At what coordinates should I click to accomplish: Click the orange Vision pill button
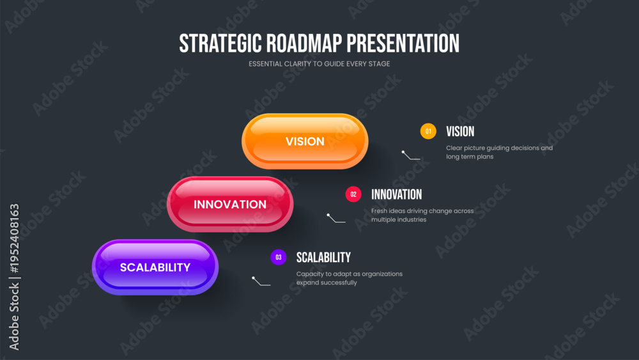click(x=305, y=141)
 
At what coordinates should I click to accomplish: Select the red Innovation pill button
click(x=230, y=204)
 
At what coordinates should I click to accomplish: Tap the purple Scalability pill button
click(x=155, y=267)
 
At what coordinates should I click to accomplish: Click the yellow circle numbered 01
click(x=428, y=131)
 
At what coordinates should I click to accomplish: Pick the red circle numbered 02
click(x=353, y=194)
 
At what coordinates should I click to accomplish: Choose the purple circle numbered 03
click(x=279, y=257)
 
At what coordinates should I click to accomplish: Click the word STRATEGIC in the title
click(x=220, y=43)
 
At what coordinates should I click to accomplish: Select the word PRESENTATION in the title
click(x=403, y=43)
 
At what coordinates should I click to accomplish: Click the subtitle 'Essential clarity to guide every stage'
click(x=319, y=63)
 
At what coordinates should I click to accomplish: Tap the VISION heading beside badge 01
click(x=460, y=131)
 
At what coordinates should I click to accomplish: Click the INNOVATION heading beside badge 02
click(x=397, y=194)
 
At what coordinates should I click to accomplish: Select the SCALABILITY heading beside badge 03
click(x=323, y=257)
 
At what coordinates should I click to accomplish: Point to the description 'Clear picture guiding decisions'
click(x=499, y=152)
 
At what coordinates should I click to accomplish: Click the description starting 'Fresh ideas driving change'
click(x=422, y=215)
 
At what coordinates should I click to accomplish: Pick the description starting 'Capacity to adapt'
click(x=350, y=278)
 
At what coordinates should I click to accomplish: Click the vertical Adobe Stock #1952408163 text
click(x=14, y=278)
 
